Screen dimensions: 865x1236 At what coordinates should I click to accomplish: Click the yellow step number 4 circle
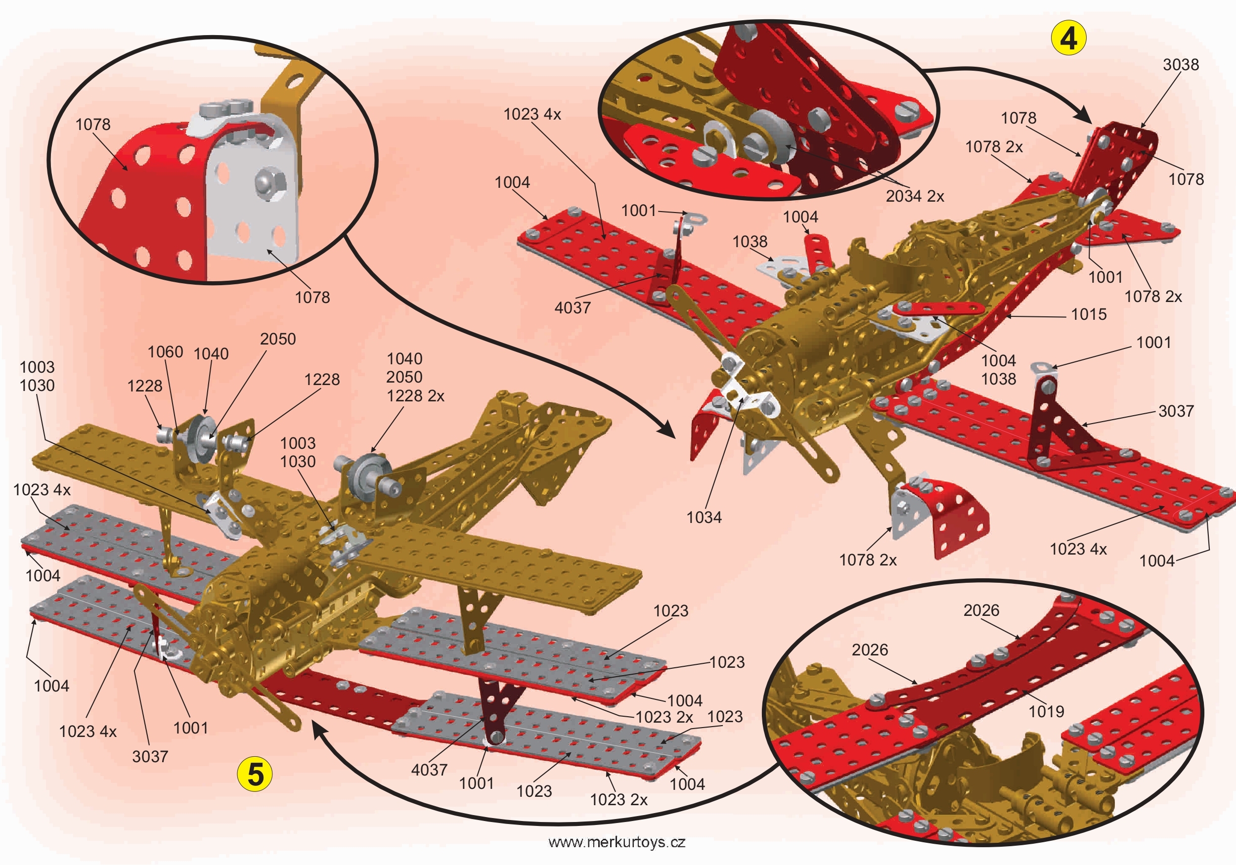click(1068, 39)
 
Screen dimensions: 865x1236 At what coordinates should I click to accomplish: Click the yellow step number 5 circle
click(255, 774)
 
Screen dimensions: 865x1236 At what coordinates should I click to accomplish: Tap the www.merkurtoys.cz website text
click(617, 842)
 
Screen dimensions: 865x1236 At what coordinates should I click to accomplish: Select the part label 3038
click(1181, 65)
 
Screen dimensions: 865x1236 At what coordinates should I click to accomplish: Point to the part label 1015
click(1089, 314)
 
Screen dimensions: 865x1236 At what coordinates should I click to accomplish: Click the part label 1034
click(704, 518)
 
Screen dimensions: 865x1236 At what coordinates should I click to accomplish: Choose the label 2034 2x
click(915, 196)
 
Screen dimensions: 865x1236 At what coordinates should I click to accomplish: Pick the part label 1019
click(1046, 712)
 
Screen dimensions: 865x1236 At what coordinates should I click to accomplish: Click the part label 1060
click(165, 352)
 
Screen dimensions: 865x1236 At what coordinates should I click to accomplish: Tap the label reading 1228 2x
click(416, 396)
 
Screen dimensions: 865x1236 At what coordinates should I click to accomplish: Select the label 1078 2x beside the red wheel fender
click(868, 561)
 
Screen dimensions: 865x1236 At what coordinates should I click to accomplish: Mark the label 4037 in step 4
click(572, 308)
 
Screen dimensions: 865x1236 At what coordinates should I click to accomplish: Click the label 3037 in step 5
click(150, 756)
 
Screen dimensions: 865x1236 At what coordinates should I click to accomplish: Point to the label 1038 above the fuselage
click(750, 242)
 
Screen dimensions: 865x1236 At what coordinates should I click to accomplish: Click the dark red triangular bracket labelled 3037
click(1055, 431)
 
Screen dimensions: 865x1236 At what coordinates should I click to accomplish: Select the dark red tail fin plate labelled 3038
click(1120, 162)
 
